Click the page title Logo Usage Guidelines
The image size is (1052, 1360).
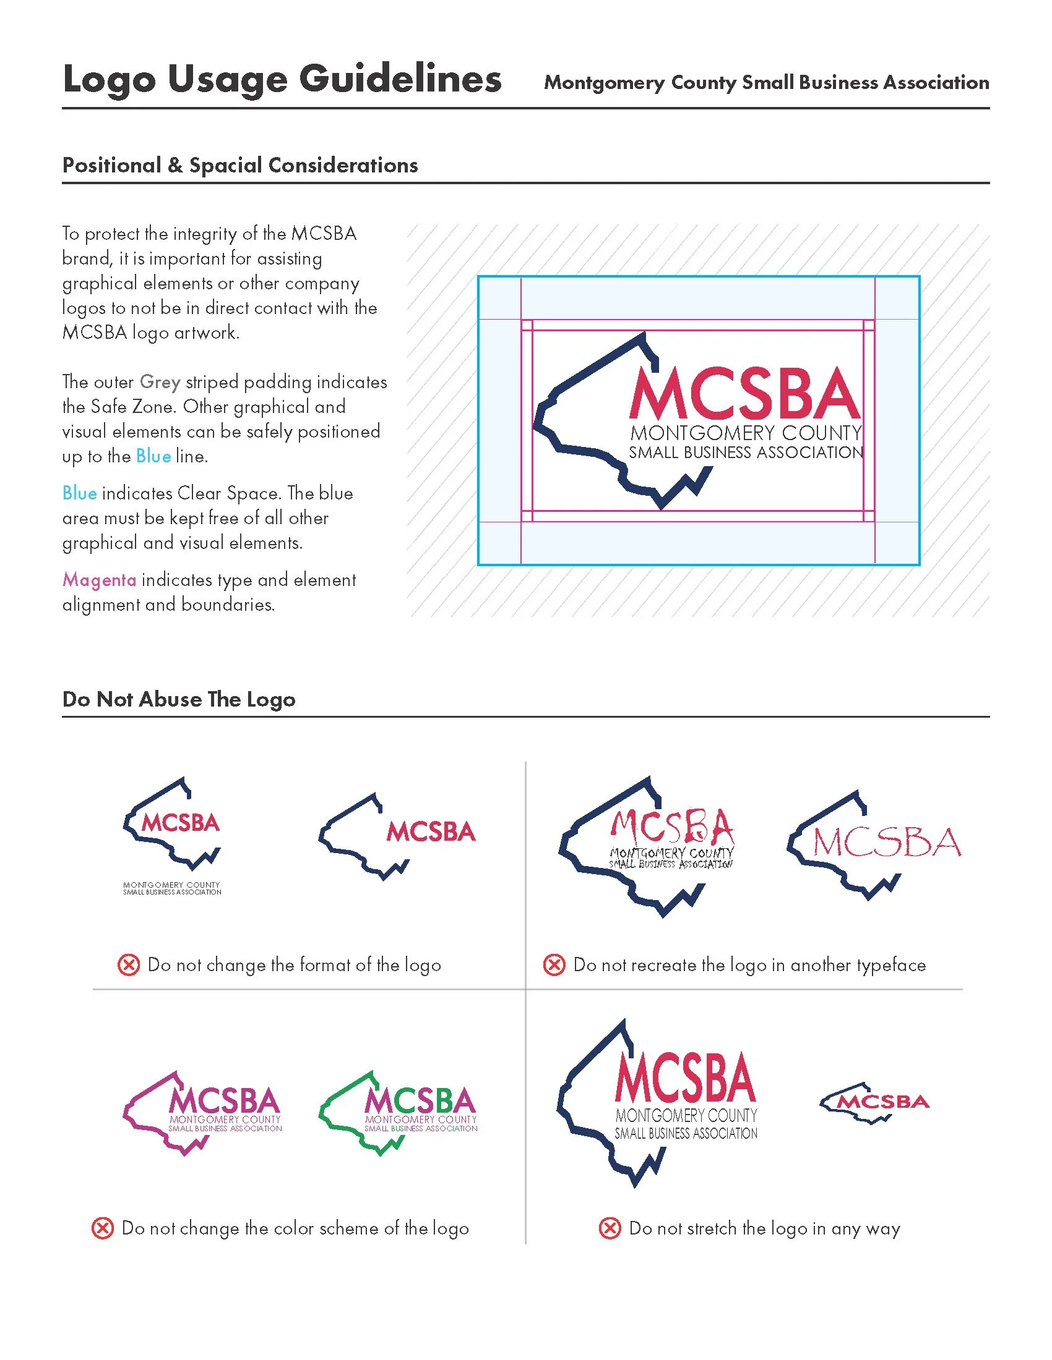(282, 80)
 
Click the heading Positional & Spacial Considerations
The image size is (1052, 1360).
(240, 165)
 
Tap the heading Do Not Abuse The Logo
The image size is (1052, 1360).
(179, 699)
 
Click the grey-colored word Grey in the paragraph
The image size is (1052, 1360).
(160, 381)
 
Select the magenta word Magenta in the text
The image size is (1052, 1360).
(99, 580)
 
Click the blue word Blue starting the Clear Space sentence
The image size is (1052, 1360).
(79, 493)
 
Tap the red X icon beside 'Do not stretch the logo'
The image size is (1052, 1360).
(610, 1228)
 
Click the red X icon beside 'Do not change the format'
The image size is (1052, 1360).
(128, 965)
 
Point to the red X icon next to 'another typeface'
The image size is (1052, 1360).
(554, 965)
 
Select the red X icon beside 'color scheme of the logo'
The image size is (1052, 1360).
(103, 1228)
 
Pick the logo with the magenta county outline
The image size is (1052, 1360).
(203, 1113)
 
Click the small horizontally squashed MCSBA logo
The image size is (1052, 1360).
(874, 1102)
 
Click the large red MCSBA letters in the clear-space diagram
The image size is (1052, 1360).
(744, 394)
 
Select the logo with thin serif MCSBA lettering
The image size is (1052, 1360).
(874, 844)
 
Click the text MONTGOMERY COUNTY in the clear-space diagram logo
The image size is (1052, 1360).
(746, 433)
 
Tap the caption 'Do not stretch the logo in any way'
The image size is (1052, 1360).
(765, 1228)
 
